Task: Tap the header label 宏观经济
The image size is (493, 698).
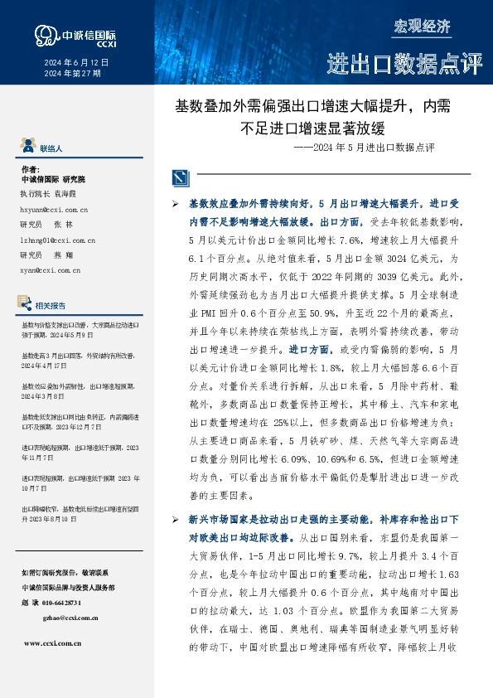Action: pyautogui.click(x=422, y=26)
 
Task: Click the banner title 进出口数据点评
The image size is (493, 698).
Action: pyautogui.click(x=404, y=63)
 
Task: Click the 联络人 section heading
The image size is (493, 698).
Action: pyautogui.click(x=51, y=148)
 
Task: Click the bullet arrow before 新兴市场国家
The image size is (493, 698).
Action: pyautogui.click(x=174, y=519)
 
